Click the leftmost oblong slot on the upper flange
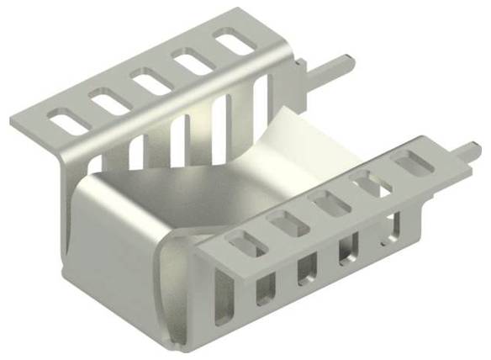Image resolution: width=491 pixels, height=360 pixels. click(70, 119)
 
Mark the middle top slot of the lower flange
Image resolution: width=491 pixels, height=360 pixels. click(325, 203)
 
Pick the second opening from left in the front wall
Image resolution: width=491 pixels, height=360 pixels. click(266, 287)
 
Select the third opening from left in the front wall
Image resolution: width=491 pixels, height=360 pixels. click(307, 267)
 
